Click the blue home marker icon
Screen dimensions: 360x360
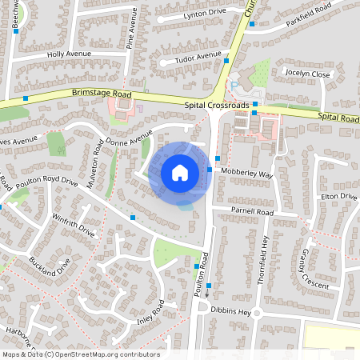[180, 172]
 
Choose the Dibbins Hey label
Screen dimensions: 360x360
[235, 312]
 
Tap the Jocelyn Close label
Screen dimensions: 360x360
[308, 74]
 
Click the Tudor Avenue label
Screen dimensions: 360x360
[198, 56]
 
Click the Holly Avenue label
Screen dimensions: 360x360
[70, 54]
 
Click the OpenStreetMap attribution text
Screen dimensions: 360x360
[81, 354]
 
